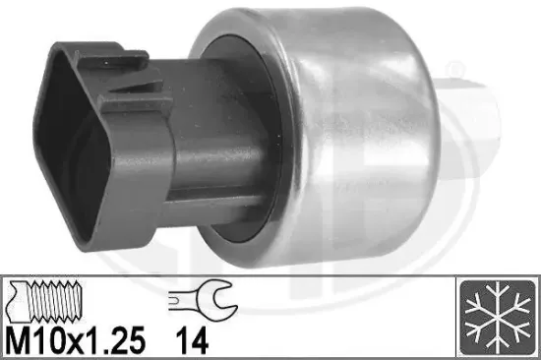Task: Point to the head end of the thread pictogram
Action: [x=14, y=297]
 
